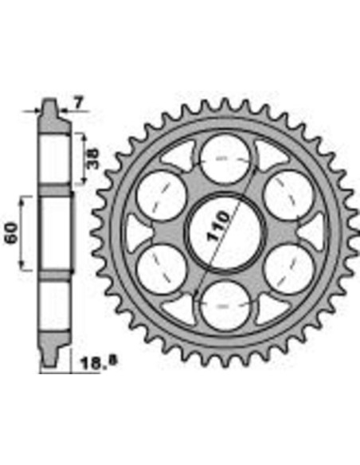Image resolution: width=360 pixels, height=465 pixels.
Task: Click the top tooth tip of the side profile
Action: [x=49, y=104]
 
